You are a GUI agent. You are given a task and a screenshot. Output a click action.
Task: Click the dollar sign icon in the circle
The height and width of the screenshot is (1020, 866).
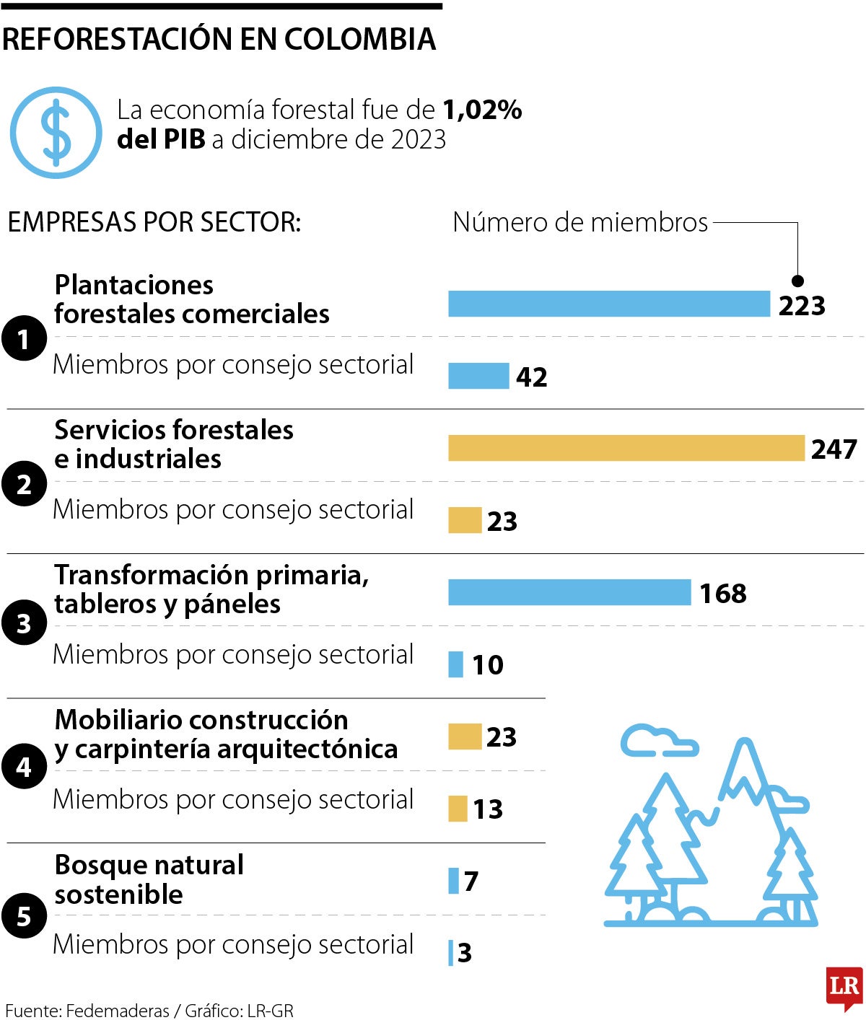(56, 133)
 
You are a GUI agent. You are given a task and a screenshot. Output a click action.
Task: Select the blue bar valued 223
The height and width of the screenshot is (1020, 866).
(608, 304)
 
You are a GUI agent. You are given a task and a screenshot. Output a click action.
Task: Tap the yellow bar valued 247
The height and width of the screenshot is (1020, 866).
(626, 448)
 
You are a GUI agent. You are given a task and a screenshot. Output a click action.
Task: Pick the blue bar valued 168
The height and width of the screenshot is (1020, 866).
(569, 592)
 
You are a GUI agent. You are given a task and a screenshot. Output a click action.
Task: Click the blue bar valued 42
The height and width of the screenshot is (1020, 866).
(478, 376)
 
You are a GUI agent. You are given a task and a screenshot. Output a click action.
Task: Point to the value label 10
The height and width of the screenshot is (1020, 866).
(488, 664)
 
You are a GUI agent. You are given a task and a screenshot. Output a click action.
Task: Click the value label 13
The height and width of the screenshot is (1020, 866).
(488, 809)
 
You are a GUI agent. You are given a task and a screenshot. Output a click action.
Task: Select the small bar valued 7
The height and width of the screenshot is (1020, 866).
(453, 881)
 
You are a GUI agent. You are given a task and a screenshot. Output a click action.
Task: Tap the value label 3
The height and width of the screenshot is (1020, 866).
(465, 953)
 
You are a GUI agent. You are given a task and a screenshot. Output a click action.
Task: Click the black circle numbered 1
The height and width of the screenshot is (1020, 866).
(24, 338)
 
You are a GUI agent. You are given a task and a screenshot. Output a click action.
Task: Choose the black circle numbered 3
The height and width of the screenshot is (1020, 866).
(24, 623)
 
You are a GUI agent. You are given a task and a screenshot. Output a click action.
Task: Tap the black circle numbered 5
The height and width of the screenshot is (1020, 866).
(24, 916)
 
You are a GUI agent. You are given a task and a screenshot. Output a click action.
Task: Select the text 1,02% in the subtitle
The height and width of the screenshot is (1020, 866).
(482, 110)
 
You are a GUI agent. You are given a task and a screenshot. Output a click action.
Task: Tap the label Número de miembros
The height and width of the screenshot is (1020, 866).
(579, 222)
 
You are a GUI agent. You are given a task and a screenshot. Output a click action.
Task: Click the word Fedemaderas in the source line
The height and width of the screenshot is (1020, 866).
(118, 1011)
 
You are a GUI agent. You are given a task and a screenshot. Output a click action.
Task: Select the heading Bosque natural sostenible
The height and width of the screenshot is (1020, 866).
(149, 879)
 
